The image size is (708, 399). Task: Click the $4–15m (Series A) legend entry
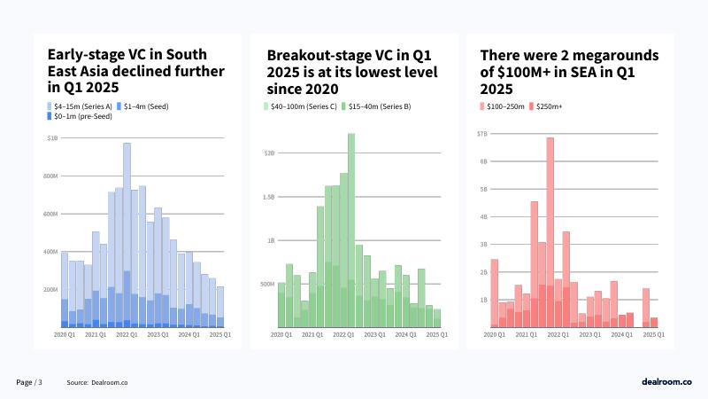coord(77,106)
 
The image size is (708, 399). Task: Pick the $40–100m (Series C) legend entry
coord(299,106)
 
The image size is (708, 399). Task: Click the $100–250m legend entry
coord(506,106)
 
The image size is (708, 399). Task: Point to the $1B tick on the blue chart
coord(52,138)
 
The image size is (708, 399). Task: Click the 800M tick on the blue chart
coord(51,176)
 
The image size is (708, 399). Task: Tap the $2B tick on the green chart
coord(270,153)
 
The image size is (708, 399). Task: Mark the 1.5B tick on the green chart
coord(268,197)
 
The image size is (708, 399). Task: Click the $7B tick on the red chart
coord(481,133)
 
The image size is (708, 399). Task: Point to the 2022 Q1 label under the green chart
coord(343,334)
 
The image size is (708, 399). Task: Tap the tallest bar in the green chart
coord(351,231)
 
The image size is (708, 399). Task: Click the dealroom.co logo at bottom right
coord(666,381)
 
